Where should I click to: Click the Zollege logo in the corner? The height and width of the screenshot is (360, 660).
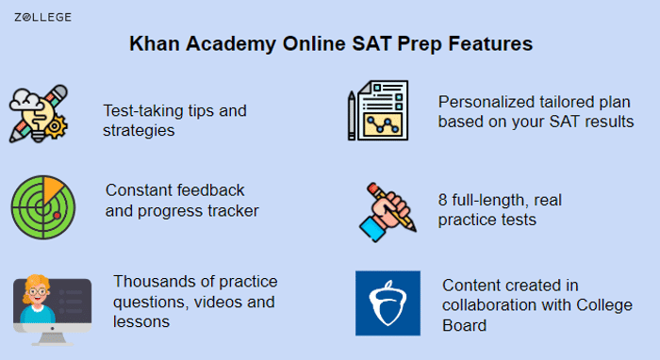[x=42, y=17]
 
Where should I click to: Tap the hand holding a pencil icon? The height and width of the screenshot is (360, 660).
[x=388, y=208]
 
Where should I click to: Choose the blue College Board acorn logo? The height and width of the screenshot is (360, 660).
[x=388, y=303]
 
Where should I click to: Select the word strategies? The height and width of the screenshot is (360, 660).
[x=138, y=130]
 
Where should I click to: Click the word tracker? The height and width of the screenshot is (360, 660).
[x=233, y=209]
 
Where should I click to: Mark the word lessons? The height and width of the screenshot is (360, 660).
[x=140, y=321]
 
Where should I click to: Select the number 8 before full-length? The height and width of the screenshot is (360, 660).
[x=443, y=200]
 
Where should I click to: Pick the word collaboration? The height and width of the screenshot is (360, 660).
[x=486, y=305]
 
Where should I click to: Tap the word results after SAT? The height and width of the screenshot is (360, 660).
[x=609, y=122]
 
